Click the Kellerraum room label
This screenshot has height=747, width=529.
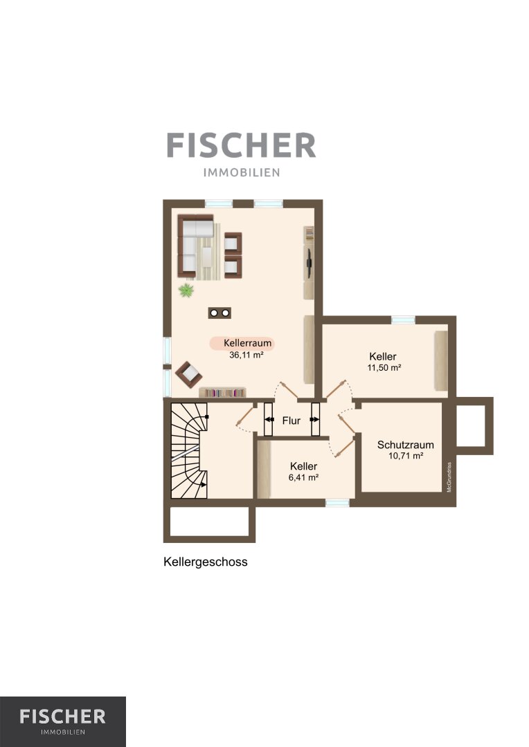247,342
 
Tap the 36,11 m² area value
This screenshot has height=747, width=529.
246,355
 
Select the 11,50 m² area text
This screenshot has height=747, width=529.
384,368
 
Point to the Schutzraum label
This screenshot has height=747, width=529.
406,445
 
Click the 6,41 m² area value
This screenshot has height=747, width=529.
303,477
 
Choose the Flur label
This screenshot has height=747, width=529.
292,421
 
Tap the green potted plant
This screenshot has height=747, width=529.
186,290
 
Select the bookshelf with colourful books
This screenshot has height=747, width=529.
222,393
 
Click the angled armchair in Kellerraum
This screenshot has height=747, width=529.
188,374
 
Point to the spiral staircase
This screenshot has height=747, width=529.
189,451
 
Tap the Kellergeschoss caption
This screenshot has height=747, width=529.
206,562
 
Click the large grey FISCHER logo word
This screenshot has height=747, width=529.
242,145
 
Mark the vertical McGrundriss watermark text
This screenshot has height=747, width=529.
449,477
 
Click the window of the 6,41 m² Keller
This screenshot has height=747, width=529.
337,503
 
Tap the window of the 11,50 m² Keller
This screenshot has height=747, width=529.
403,320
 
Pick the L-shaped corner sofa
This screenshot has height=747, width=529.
195,246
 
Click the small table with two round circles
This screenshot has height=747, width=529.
219,313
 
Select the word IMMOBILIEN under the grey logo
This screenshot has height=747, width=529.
242,172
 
